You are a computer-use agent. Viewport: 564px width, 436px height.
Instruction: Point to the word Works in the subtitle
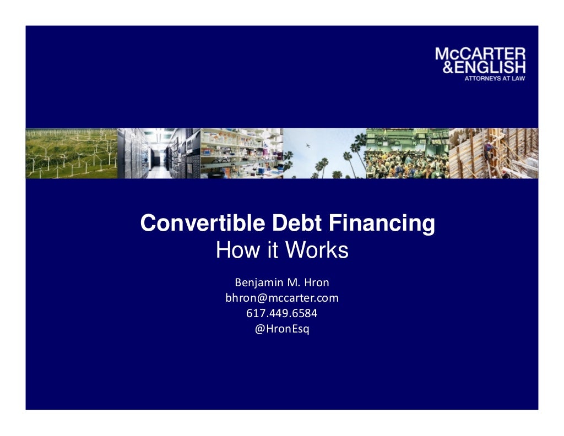tap(317, 251)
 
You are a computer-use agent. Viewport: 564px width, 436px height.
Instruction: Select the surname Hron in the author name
tap(316, 283)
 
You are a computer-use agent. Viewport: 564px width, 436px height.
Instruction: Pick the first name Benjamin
tap(258, 283)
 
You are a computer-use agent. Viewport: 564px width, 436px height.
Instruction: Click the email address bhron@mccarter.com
tap(282, 298)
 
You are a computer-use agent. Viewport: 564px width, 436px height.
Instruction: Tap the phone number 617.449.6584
tap(282, 314)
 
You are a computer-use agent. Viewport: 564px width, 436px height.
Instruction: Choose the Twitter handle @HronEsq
tap(282, 329)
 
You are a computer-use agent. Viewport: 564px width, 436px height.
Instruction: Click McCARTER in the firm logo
tap(480, 54)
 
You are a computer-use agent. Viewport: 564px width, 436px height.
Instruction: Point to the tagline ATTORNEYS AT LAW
tap(493, 78)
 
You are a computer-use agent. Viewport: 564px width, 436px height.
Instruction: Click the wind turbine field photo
tap(71, 154)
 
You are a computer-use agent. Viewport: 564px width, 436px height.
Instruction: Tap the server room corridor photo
tap(159, 154)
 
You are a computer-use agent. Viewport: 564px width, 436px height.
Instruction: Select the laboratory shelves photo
tap(242, 154)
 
